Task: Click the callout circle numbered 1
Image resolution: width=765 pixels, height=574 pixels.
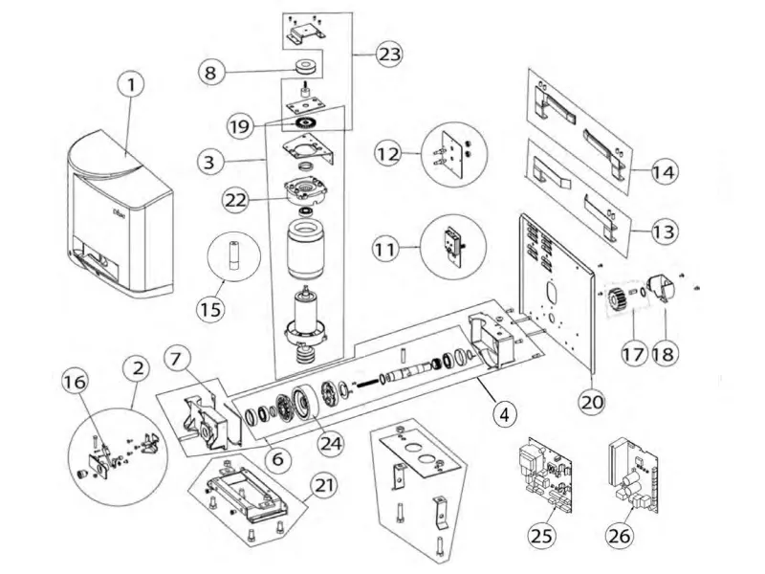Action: point(133,86)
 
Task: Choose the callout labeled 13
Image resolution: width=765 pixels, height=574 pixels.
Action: point(664,232)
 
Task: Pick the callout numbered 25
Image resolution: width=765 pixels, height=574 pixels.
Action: point(543,535)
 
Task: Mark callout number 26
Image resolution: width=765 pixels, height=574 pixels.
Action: point(620,535)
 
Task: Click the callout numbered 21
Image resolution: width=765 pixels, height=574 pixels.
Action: point(326,485)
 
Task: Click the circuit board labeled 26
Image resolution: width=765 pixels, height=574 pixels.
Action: point(631,474)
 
